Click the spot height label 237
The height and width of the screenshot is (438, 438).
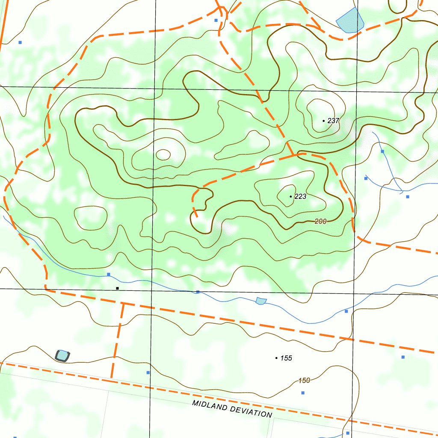point(333,121)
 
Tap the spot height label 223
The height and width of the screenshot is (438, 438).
point(300,196)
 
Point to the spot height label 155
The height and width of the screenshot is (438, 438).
point(286,358)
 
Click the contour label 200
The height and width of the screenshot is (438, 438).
point(320,221)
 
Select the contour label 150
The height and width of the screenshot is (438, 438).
point(304,381)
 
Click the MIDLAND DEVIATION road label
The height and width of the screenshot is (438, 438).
point(232,409)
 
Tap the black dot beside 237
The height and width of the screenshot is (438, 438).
point(324,121)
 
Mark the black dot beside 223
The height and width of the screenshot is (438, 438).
point(291,196)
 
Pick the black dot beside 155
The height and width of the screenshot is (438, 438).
point(276,358)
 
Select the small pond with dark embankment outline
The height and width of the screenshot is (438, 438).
point(62,355)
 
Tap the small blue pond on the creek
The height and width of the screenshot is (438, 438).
point(261,301)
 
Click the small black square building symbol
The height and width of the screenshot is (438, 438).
point(117,288)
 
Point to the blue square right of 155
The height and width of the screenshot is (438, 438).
point(403,357)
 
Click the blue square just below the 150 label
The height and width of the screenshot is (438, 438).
point(303,393)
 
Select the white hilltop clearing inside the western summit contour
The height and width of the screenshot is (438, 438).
point(163,154)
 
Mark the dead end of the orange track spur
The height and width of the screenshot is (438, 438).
point(197,216)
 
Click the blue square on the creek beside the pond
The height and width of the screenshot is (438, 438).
point(198,292)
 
